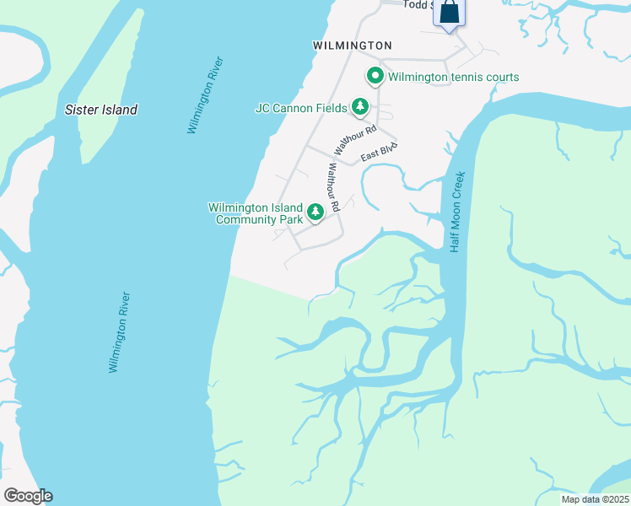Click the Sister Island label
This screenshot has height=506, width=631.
tap(101, 110)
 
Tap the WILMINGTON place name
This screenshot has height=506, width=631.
tap(352, 45)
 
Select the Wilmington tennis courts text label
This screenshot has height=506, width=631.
tap(454, 77)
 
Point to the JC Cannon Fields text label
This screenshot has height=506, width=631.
tap(301, 107)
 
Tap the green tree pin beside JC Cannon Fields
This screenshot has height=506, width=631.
tap(361, 106)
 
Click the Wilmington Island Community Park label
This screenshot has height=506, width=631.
tap(256, 213)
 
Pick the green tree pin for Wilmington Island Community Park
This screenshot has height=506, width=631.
tap(315, 212)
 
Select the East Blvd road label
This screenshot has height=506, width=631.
tap(378, 153)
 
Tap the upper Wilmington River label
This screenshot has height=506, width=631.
tap(206, 95)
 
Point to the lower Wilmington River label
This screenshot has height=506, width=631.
tap(119, 332)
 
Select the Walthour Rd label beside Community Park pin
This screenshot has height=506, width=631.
tap(332, 187)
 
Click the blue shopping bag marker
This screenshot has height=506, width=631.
tap(449, 13)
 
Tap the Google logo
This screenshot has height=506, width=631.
tap(28, 496)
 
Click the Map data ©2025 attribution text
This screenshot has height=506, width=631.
tap(595, 499)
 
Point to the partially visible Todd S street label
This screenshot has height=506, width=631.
tap(418, 4)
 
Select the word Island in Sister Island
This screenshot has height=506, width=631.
tap(117, 110)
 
